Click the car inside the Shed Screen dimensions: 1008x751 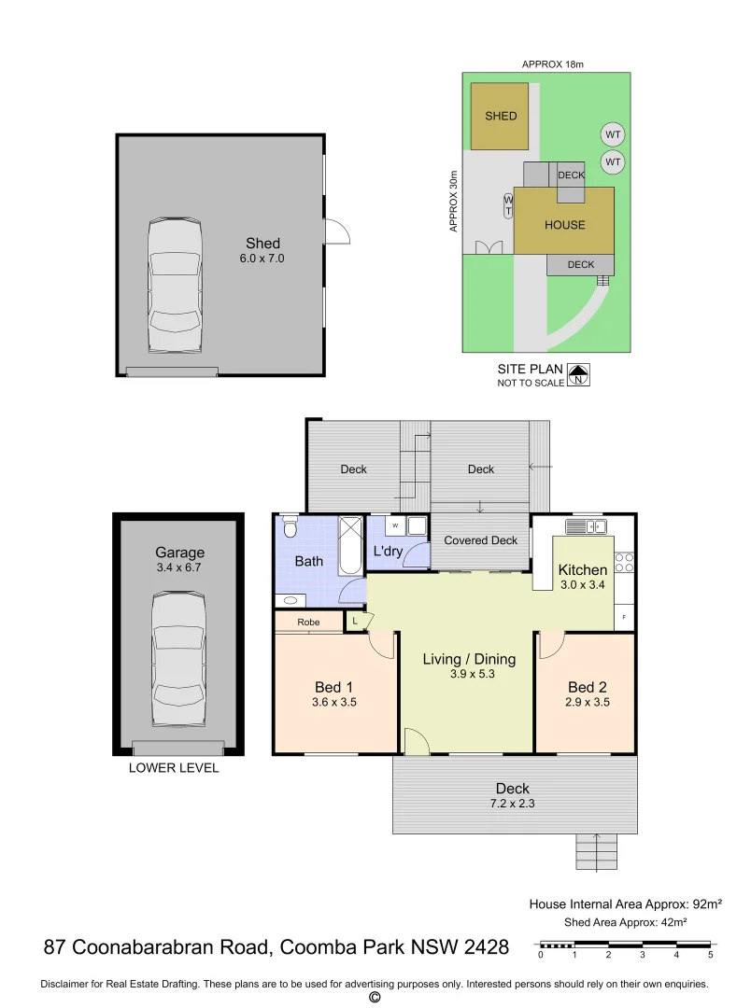tap(175, 286)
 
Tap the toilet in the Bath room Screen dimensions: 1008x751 tap(290, 530)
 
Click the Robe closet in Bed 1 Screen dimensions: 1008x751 tap(308, 622)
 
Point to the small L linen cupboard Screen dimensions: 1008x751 tap(356, 619)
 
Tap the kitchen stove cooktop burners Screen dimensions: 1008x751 tap(626, 562)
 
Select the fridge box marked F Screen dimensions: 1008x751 tap(624, 619)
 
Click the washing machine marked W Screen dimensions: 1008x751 tap(395, 525)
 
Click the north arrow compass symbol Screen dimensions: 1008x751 tap(580, 375)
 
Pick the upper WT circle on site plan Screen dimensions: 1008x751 tap(612, 134)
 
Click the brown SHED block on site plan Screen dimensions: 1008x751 tap(501, 117)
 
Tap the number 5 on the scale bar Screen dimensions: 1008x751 tap(711, 955)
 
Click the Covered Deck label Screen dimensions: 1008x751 tap(480, 540)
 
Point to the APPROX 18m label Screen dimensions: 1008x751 tap(552, 64)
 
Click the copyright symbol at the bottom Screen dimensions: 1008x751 tap(375, 998)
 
